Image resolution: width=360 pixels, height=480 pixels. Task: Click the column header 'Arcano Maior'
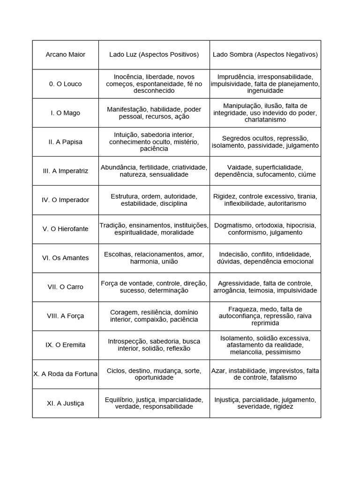point(65,54)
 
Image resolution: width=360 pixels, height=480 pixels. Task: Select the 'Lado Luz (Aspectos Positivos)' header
point(154,54)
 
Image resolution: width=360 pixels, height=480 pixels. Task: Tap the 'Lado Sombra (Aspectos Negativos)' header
point(265,54)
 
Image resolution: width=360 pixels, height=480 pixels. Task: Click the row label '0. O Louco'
point(65,84)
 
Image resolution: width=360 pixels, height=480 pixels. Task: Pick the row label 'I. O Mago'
point(65,113)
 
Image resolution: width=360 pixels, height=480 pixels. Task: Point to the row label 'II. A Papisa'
point(65,142)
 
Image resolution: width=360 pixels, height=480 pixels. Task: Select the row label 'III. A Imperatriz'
point(65,171)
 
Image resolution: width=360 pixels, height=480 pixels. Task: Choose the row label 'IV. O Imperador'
point(65,200)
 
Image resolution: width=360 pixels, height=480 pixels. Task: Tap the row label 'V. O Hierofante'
point(65,229)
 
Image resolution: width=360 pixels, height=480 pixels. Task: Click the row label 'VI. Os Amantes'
point(65,258)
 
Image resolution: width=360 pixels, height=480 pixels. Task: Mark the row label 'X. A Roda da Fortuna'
point(65,374)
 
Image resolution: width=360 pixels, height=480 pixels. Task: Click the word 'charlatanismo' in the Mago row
point(265,120)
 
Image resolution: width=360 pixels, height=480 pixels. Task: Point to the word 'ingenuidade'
point(265,91)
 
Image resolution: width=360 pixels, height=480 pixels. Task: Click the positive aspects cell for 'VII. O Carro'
point(154,287)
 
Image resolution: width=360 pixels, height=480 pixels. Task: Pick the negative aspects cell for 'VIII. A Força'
point(265,316)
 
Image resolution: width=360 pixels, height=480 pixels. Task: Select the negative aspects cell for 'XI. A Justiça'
point(265,403)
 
